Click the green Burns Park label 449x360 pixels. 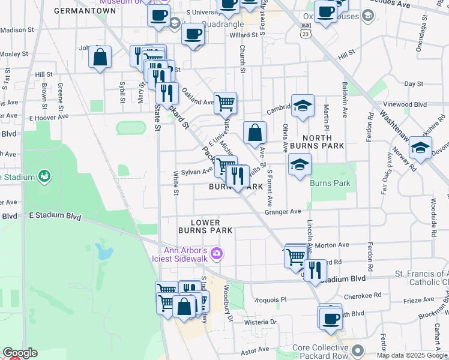coord(328,183)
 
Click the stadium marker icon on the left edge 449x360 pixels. coord(43,176)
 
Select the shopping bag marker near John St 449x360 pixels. coord(100,58)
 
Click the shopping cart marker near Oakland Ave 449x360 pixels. coord(225,103)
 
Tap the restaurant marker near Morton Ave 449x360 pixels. coord(313,270)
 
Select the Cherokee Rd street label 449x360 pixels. coord(364,295)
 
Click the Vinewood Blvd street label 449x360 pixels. coord(408,104)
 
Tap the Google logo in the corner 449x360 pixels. coord(19,353)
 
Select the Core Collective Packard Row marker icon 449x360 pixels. coord(358,350)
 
